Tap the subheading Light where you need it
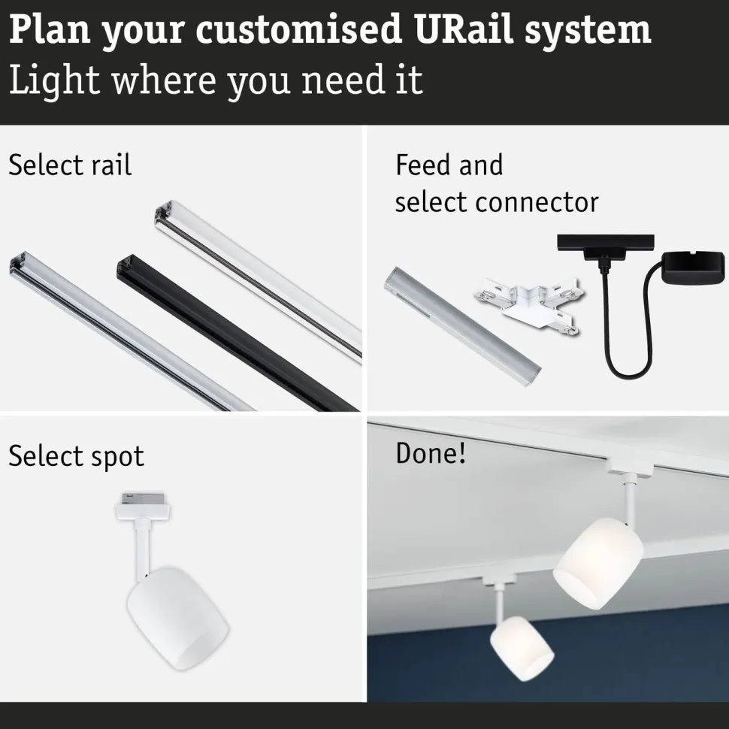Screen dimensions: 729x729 pyautogui.click(x=216, y=80)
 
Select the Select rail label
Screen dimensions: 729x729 pyautogui.click(x=70, y=165)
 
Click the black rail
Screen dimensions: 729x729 pyautogui.click(x=237, y=332)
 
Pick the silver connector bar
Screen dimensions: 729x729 pyautogui.click(x=462, y=321)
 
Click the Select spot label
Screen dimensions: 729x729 pyautogui.click(x=76, y=456)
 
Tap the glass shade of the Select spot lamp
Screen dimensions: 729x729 pyautogui.click(x=177, y=618)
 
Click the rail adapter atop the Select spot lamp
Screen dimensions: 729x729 pyautogui.click(x=142, y=506)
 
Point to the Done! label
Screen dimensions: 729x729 pyautogui.click(x=431, y=453)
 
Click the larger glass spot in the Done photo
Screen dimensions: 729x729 pyautogui.click(x=598, y=563)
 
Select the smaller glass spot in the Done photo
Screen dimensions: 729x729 pyautogui.click(x=522, y=648)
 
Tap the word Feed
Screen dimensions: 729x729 pyautogui.click(x=420, y=165)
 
